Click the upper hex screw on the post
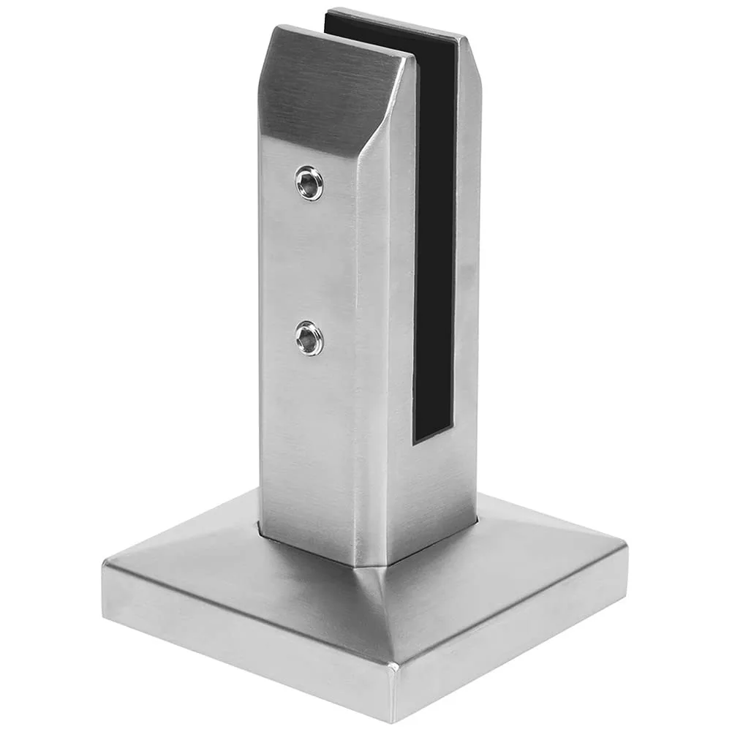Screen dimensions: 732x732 [310, 183]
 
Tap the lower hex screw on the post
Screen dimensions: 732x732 [310, 338]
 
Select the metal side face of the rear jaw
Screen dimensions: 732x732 [468, 256]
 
